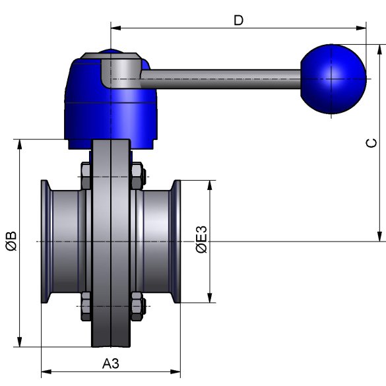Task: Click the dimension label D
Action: click(238, 20)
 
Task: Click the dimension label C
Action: click(371, 143)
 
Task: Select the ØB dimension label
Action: click(11, 241)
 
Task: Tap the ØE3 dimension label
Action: click(202, 240)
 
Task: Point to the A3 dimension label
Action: click(111, 364)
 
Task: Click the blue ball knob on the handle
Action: click(333, 79)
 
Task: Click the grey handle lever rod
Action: click(220, 79)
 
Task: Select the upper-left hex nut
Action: click(86, 176)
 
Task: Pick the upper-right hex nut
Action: click(137, 176)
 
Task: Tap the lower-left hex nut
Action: click(86, 306)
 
